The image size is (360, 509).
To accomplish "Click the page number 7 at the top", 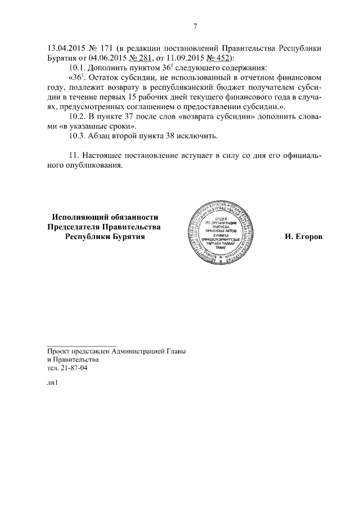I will point(195,26).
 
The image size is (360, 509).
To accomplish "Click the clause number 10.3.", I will point(75,136).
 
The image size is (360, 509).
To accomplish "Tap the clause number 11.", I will point(72,155).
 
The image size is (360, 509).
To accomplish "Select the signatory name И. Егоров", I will point(304,237).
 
